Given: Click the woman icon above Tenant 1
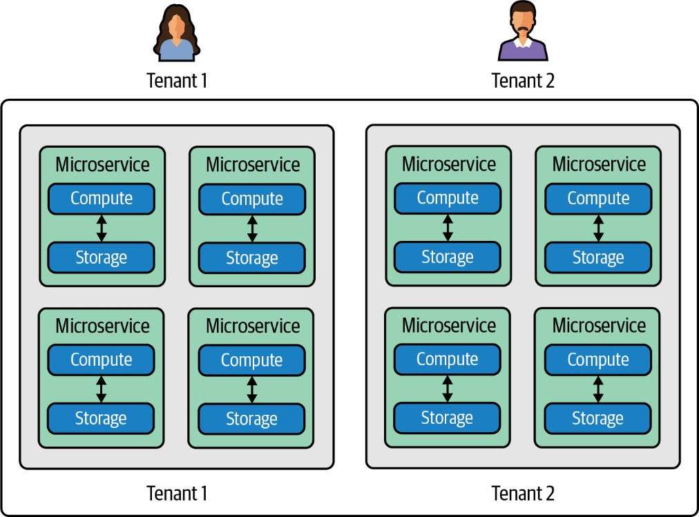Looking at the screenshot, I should (x=176, y=32).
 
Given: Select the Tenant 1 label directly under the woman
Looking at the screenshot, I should (x=177, y=81).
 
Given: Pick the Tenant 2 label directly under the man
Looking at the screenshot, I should (x=523, y=81).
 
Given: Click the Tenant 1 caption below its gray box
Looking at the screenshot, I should (x=177, y=494).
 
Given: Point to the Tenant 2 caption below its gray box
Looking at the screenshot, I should (x=523, y=494).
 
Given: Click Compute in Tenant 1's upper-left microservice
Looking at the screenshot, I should (x=102, y=199).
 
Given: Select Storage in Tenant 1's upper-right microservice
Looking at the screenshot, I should (x=252, y=258).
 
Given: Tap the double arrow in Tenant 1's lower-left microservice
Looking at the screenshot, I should (x=102, y=389).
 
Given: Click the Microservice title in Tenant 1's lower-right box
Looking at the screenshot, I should (x=253, y=326).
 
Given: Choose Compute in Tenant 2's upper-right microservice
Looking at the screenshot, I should (x=598, y=199).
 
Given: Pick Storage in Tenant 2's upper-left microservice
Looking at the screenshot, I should (x=448, y=257).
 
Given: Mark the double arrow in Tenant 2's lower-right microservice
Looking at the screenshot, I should (x=598, y=389).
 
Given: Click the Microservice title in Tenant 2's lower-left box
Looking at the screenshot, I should (x=448, y=325).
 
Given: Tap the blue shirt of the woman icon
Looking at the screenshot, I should (x=177, y=51).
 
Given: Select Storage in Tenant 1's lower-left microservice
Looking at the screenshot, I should (x=102, y=418).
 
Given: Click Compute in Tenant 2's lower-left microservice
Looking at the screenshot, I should (x=448, y=360).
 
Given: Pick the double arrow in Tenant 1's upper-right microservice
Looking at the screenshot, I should (x=252, y=228).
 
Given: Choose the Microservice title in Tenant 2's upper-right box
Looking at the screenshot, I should (x=599, y=164).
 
